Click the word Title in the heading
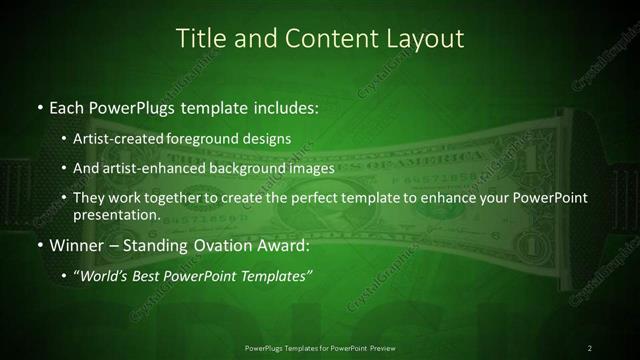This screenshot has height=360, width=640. click(199, 39)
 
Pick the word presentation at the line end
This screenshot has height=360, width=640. click(117, 215)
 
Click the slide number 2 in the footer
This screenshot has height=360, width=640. click(590, 347)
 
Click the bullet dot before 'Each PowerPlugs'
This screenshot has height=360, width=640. click(39, 105)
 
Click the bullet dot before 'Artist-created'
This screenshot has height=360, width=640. click(65, 137)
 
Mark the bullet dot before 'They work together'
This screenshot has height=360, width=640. click(65, 198)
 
